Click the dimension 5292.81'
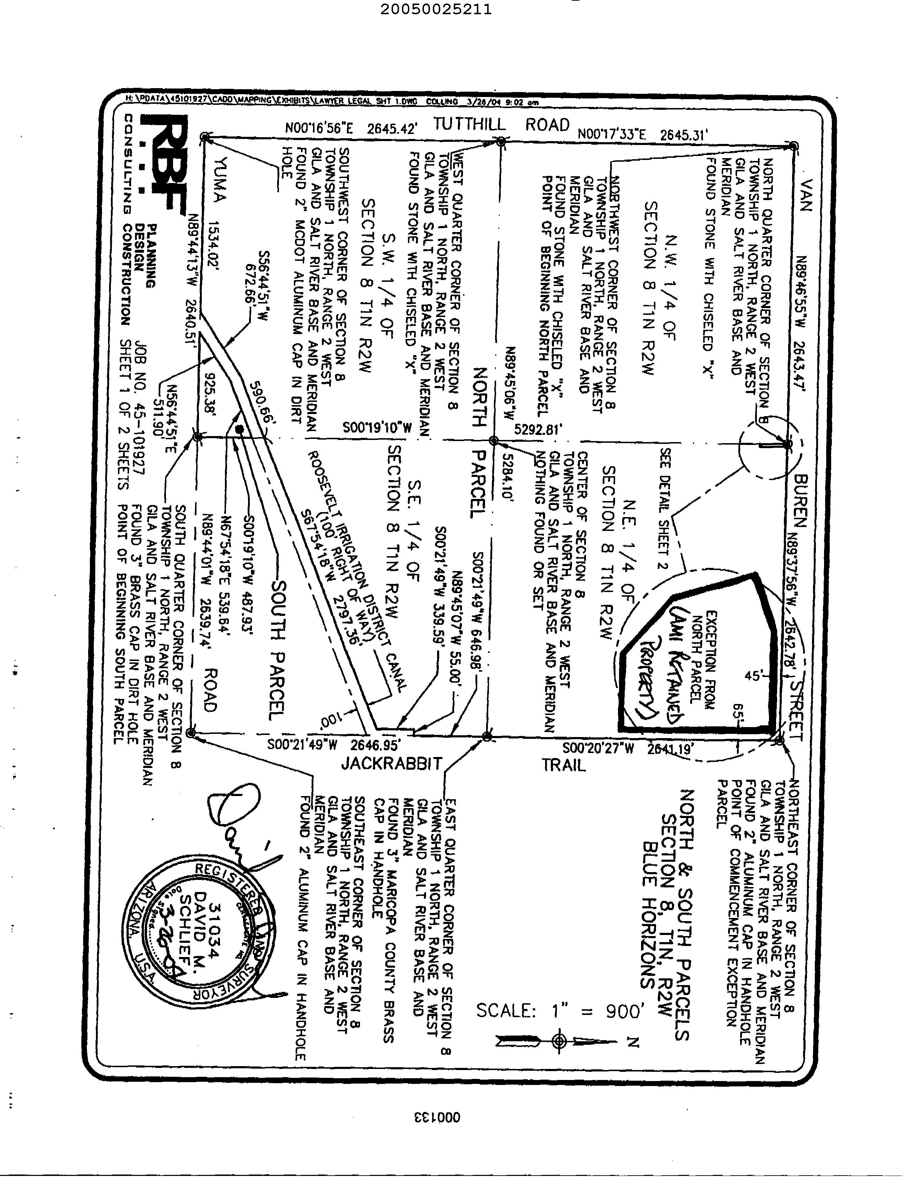(538, 429)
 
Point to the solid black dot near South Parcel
(240, 429)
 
